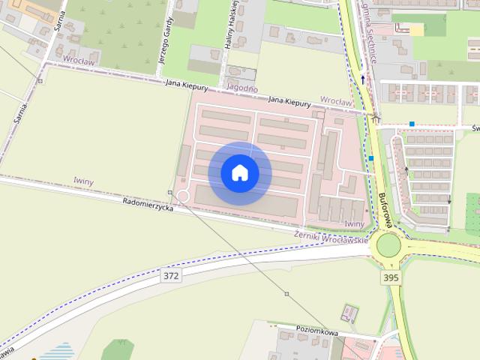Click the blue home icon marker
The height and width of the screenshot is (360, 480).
point(240,173)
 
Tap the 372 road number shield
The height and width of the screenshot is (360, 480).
point(171,276)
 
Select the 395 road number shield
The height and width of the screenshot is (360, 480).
point(391,277)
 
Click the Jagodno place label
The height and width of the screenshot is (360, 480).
point(241,88)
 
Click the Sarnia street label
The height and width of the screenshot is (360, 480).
point(19,110)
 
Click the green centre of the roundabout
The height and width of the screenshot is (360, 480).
point(388,244)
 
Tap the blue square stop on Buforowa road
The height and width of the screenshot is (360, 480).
point(371,158)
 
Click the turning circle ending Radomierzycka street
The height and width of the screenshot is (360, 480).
point(181,197)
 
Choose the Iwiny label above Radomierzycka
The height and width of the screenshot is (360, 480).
point(84,181)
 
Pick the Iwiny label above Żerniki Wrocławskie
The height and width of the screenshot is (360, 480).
point(354,223)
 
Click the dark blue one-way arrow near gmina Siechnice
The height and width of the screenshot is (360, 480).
point(363,77)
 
